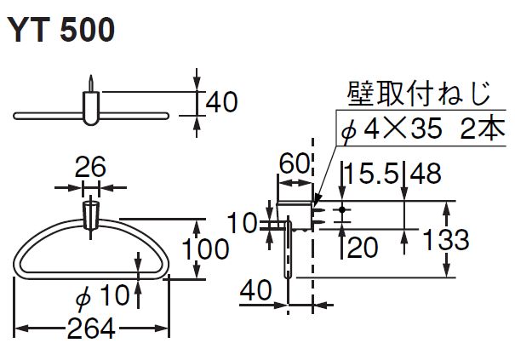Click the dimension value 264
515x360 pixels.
click(x=92, y=328)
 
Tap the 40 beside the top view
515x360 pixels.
click(x=220, y=102)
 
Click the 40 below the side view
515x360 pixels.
click(x=255, y=290)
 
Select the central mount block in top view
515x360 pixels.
click(x=91, y=108)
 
